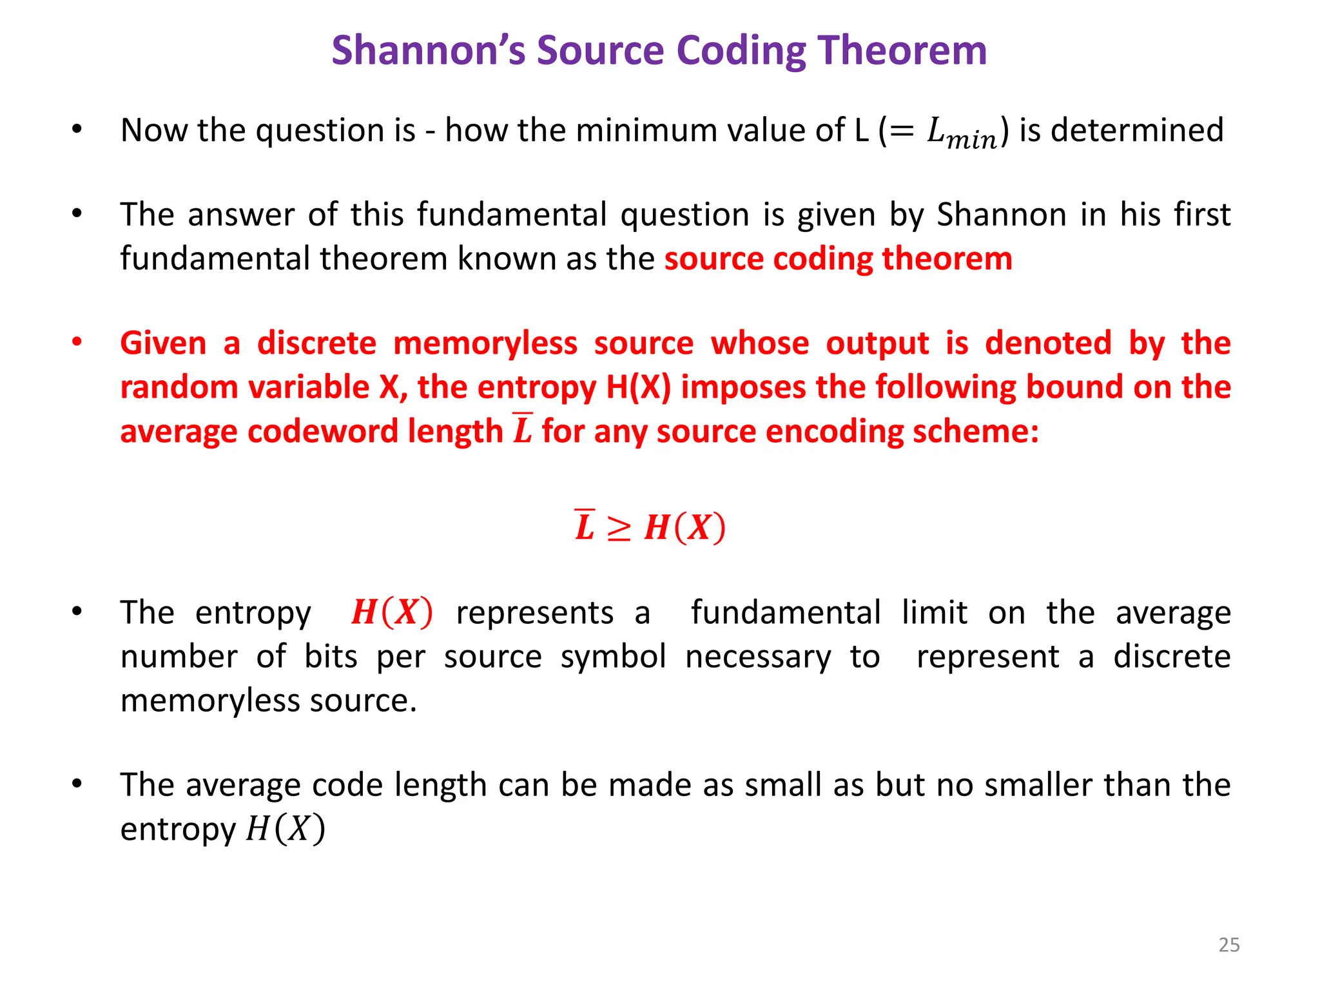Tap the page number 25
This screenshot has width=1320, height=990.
(x=1228, y=945)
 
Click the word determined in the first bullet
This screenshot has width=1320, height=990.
(x=1137, y=130)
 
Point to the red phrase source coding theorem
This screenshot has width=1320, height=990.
(x=838, y=259)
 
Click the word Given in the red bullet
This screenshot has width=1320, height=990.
(x=163, y=343)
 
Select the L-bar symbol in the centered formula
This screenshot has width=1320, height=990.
(x=585, y=526)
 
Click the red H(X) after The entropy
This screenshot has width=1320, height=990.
(x=392, y=612)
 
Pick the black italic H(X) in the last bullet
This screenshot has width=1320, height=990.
(x=286, y=829)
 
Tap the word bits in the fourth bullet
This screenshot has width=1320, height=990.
(x=331, y=657)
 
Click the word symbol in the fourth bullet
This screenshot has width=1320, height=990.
(x=613, y=657)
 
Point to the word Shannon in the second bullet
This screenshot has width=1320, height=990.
(x=1001, y=215)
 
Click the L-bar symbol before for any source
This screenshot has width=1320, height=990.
(x=523, y=429)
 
